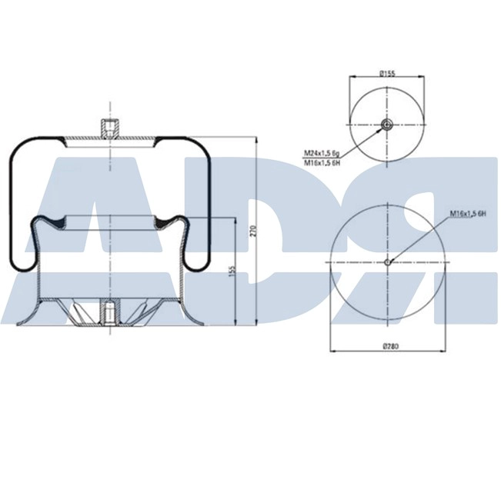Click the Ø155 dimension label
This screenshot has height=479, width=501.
point(386,74)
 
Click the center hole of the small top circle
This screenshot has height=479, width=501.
point(386,125)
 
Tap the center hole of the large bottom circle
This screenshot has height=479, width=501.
point(387,261)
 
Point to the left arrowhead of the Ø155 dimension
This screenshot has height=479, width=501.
point(352,78)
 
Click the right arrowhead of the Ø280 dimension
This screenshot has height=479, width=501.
point(443,351)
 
